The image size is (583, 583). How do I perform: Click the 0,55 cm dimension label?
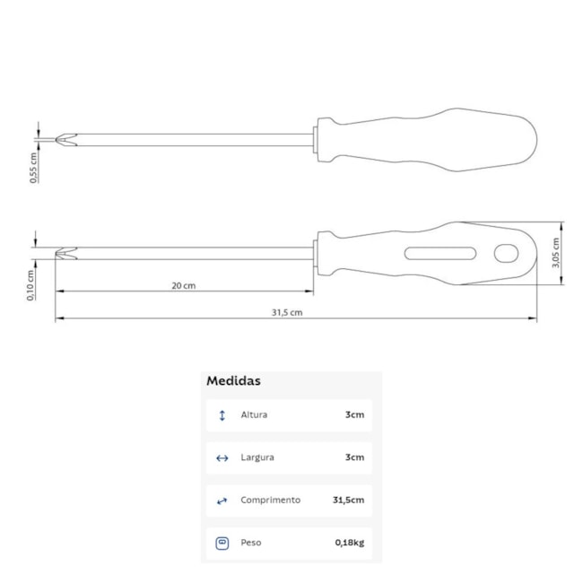(x=33, y=168)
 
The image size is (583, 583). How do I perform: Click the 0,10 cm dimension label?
(x=30, y=285)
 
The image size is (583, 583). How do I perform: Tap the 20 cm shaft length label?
(x=183, y=285)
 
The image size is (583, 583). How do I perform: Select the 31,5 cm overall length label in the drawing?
(x=287, y=312)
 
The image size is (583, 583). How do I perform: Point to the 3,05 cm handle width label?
(x=555, y=253)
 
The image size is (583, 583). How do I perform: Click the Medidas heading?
(x=233, y=380)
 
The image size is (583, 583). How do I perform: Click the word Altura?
(x=254, y=414)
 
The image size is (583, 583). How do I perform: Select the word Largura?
(x=257, y=457)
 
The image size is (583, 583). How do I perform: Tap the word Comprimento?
(x=270, y=500)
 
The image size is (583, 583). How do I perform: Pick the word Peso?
(x=251, y=543)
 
